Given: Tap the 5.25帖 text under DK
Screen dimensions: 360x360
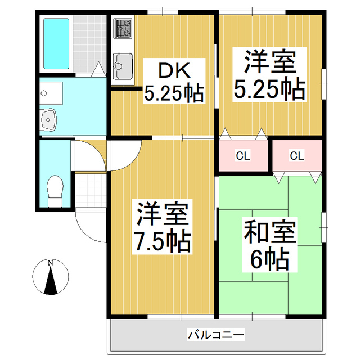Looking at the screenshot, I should (173, 93).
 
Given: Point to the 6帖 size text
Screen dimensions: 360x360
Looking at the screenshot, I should (269, 259).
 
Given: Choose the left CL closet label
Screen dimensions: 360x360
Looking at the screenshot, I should (243, 155).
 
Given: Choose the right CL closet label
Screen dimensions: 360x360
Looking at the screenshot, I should (297, 155).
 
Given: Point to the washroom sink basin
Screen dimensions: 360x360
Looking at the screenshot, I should (49, 118).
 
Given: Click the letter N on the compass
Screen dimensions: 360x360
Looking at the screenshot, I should (51, 263).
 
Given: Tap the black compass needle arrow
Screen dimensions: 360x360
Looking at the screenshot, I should (51, 281).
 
